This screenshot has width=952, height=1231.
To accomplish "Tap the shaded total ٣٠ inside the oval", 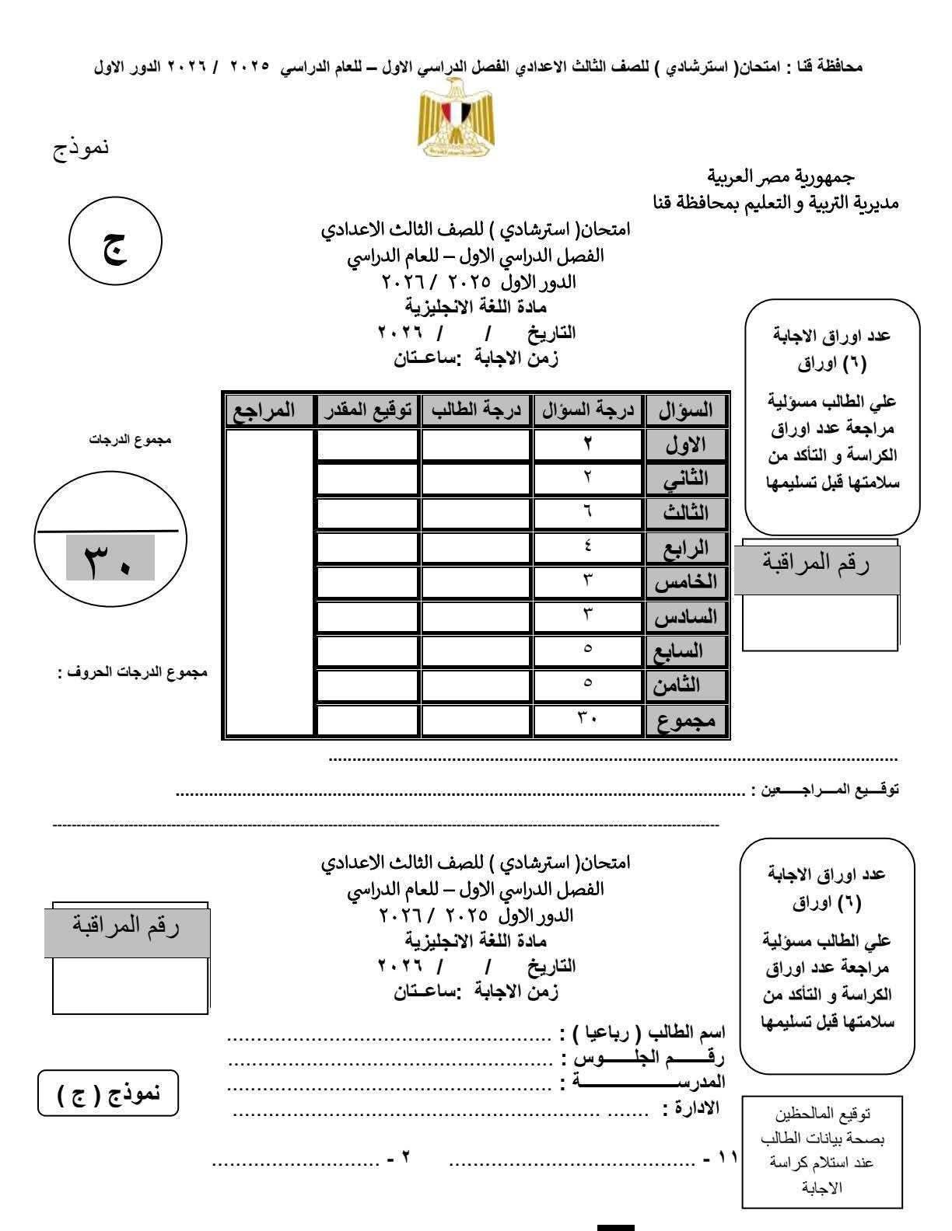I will pos(110,558).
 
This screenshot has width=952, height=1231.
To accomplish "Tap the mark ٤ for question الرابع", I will pos(588,546).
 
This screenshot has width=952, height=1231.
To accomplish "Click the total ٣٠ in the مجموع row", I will pos(588,719).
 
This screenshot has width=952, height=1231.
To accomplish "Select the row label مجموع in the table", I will pos(686,721).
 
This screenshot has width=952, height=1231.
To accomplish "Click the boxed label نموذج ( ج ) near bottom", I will pos(109,1093).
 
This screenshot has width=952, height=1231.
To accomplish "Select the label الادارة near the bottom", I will pos(691,1107).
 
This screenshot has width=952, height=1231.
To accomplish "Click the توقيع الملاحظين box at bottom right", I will pos(821,1151).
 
